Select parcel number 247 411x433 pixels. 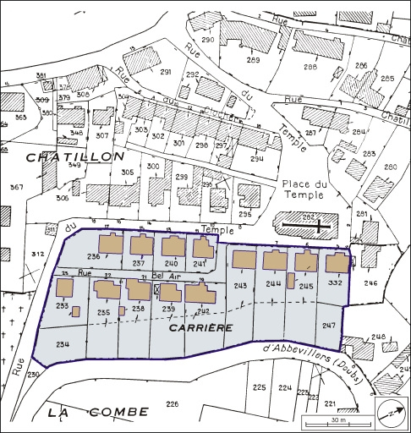point(328,325)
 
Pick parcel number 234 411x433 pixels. point(63,344)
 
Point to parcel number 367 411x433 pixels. point(17,187)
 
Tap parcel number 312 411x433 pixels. point(36,255)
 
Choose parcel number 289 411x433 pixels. point(253,60)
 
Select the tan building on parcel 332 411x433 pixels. point(337,263)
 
